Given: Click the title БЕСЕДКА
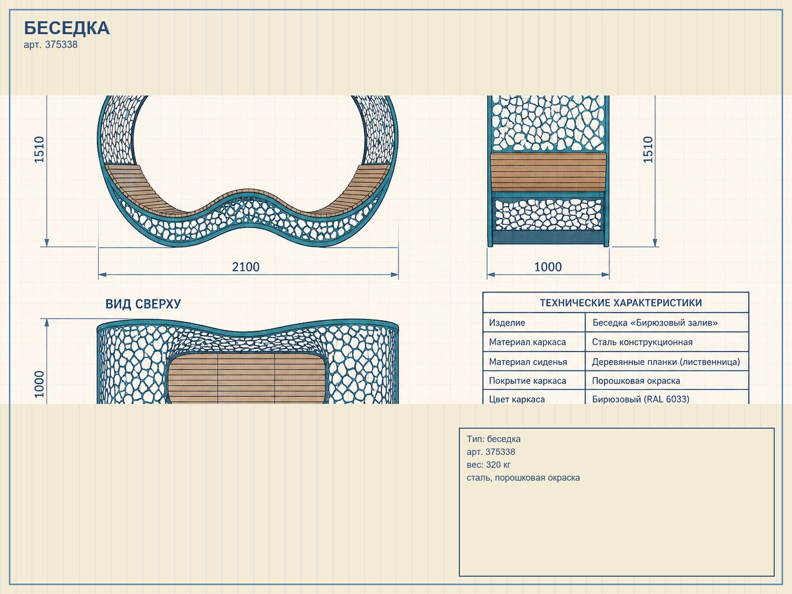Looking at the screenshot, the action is (67, 28).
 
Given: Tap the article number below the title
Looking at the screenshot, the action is (50, 45).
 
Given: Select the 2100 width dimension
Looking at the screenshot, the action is (246, 267).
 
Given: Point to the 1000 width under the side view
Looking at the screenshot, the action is (548, 267).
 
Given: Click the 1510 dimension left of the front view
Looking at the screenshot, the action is (39, 149).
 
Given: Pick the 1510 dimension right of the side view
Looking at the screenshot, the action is (648, 149).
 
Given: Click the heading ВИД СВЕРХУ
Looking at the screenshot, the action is (143, 304).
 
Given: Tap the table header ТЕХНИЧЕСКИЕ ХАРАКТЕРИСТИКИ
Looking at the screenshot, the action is (621, 302).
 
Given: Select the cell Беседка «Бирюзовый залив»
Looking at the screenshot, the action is (655, 322).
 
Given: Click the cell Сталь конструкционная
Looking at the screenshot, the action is (642, 342).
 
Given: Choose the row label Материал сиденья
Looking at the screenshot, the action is (528, 362).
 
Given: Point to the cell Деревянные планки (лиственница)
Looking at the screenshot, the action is (666, 362).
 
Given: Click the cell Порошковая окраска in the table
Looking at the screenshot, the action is (636, 381).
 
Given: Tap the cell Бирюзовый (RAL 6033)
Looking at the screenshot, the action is (641, 399).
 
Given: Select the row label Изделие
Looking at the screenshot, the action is (507, 323).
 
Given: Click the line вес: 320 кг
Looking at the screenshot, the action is (489, 464).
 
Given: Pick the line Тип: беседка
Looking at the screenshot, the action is (493, 439).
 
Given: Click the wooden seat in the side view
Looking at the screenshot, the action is (548, 172).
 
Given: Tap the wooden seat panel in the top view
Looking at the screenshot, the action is (247, 378).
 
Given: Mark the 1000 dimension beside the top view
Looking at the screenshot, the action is (39, 384).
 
